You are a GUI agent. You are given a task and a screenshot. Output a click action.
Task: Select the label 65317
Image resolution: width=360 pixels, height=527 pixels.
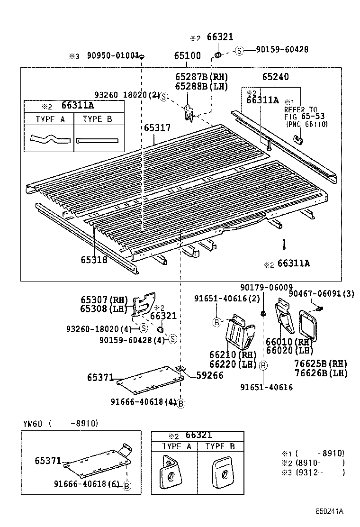pos(157,128)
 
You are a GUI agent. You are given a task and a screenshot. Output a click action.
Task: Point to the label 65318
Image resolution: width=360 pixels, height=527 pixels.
pos(94,260)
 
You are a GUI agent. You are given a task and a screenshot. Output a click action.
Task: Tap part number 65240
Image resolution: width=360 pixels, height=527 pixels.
pos(276,77)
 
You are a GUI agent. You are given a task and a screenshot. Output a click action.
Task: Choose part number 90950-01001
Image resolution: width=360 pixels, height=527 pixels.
pos(113,56)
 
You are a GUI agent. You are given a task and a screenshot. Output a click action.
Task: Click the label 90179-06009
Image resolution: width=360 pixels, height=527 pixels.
pos(267,287)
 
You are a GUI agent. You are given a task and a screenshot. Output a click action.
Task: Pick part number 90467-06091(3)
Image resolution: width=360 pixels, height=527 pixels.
pos(322,294)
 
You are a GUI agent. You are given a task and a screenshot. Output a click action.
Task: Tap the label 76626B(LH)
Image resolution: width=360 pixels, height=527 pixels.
pos(327,373)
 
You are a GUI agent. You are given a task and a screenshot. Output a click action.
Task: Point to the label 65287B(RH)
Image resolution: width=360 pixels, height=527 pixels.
pos(201,77)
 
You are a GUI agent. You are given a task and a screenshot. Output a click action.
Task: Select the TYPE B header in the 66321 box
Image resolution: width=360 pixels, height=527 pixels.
pos(220,446)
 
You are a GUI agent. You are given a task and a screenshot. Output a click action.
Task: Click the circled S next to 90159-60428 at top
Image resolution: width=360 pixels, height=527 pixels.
pos(240,50)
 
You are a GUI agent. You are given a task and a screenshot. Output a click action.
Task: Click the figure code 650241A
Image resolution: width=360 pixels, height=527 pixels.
pos(330,511)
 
